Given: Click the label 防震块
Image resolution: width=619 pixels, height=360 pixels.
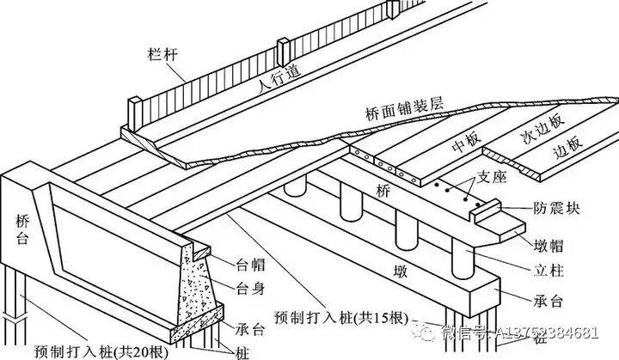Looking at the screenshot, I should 552,207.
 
